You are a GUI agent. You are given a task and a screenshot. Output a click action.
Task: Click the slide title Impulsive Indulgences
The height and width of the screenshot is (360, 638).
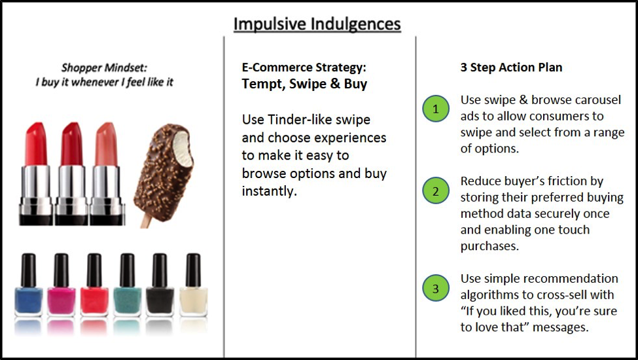coord(317,24)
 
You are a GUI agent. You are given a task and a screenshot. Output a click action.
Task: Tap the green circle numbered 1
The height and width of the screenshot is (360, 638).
coord(436,109)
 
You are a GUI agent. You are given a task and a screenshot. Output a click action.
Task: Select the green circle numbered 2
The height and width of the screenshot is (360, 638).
coord(436,190)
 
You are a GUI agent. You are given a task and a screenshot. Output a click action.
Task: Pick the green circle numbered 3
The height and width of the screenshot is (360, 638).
coord(436,288)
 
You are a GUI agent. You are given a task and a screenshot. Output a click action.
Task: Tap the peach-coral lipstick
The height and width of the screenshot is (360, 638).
coord(107,173)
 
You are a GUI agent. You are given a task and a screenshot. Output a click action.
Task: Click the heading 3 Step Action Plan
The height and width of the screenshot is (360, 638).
coord(512,67)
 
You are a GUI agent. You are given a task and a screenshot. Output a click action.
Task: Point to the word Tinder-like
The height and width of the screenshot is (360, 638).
coord(319,120)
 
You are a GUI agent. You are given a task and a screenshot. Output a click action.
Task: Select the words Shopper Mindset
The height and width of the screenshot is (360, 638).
coord(104,67)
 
